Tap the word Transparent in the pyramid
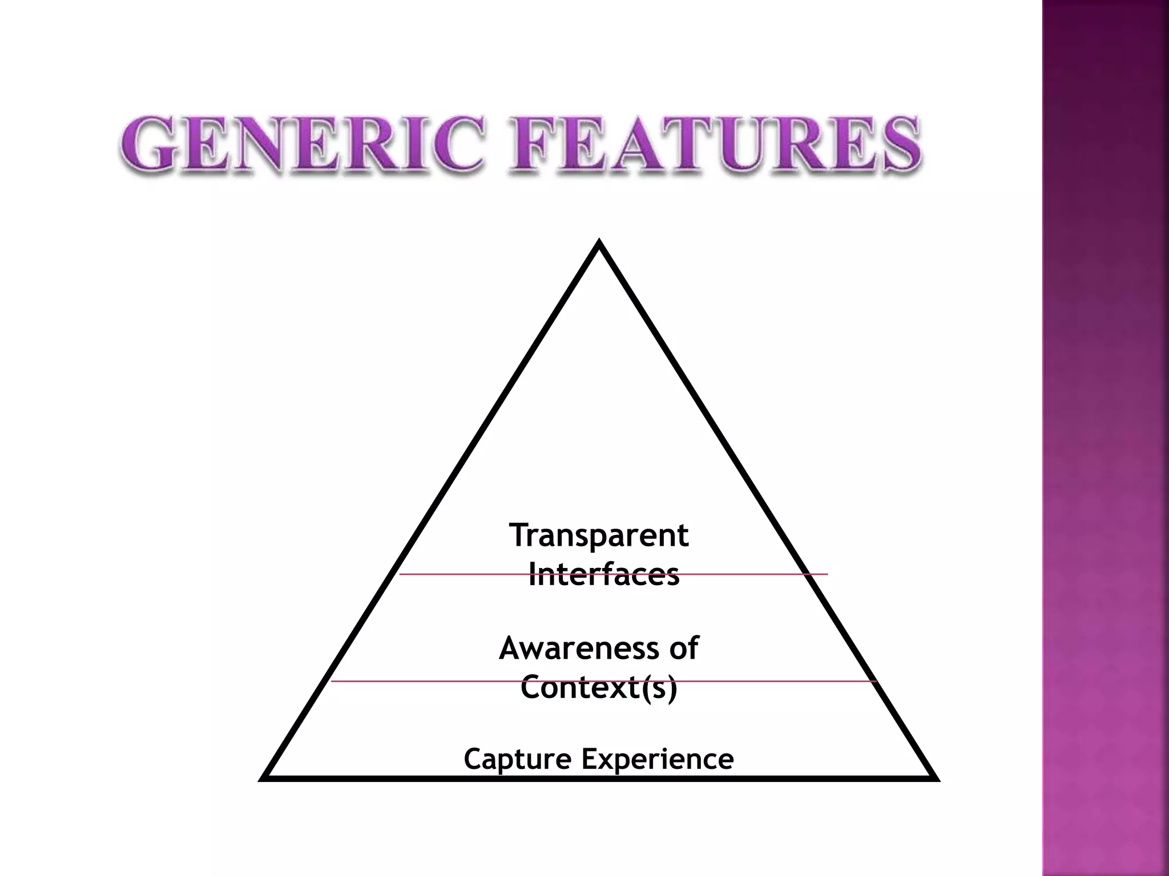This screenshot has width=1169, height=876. tap(599, 536)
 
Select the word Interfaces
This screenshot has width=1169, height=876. tap(604, 574)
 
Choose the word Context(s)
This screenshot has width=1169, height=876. tap(599, 687)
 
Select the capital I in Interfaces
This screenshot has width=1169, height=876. tap(533, 574)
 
